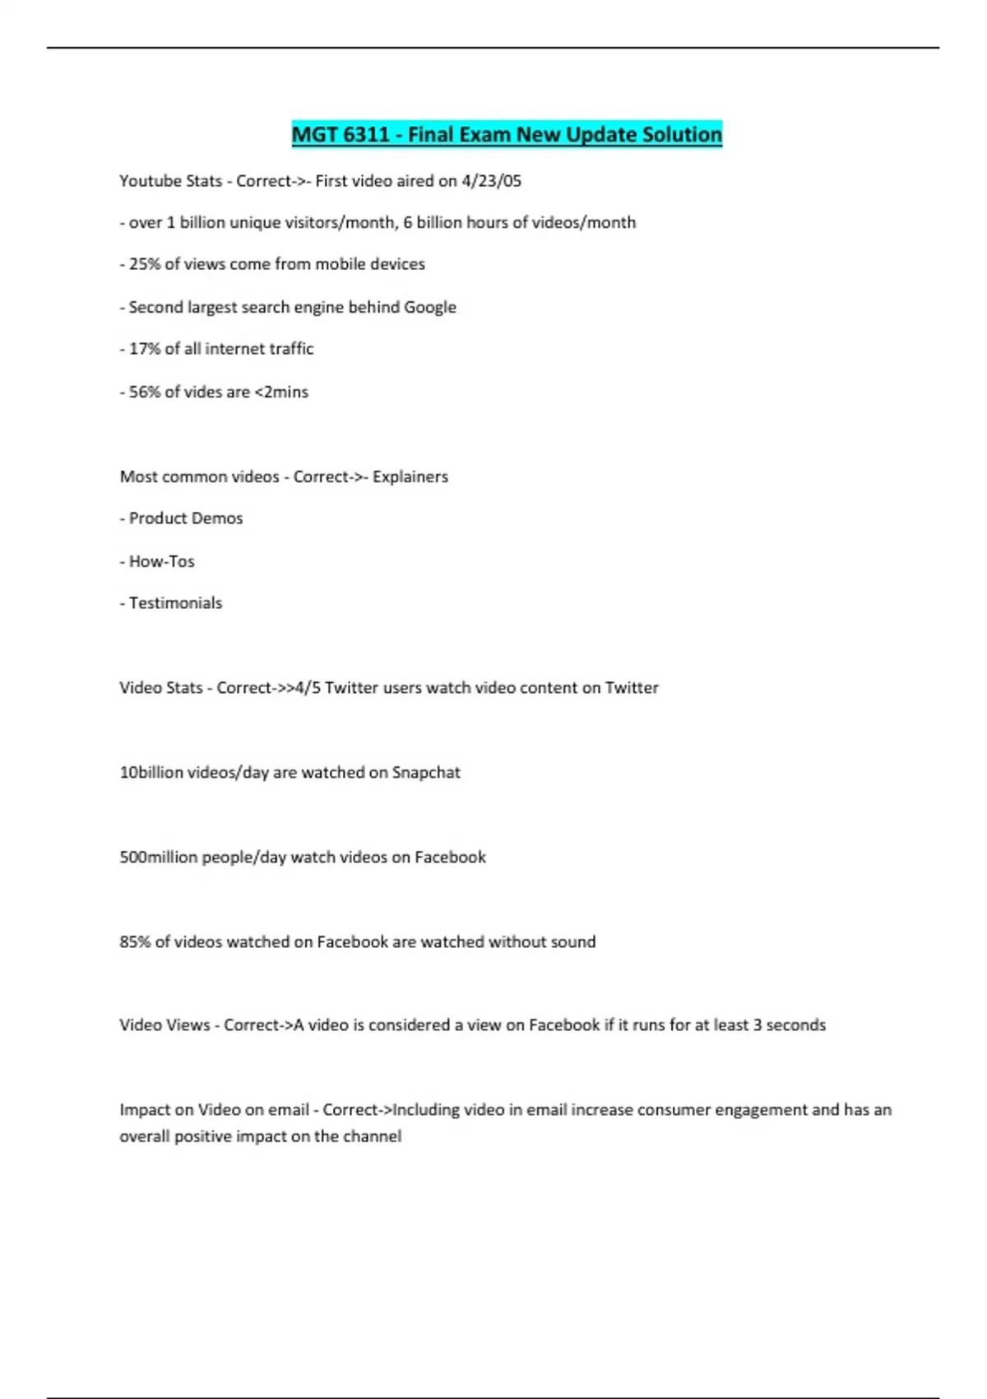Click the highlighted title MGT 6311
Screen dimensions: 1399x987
[x=341, y=134]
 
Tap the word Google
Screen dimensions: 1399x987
[x=429, y=307]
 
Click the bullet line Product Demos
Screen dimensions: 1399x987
[x=185, y=518]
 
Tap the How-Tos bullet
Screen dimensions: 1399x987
[x=161, y=561]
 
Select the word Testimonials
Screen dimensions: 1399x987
[x=175, y=603]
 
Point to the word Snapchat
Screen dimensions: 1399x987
[x=425, y=773]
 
